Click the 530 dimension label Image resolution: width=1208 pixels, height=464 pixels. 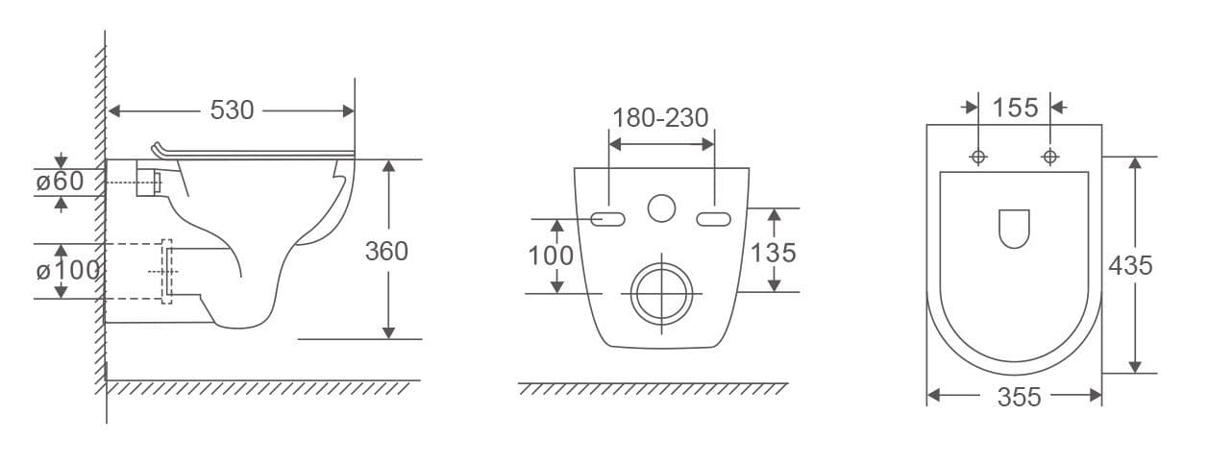tap(232, 110)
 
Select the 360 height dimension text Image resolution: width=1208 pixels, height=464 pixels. tap(386, 251)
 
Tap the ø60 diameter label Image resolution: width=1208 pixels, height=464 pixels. tap(60, 181)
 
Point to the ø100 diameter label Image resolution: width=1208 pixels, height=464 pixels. tap(68, 270)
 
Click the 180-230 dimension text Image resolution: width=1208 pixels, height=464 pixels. tap(660, 118)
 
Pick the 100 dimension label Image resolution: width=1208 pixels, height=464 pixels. tap(551, 256)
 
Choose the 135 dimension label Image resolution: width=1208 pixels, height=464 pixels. tap(774, 254)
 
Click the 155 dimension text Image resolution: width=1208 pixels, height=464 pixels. tap(1015, 108)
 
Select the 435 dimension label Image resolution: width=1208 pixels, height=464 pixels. tap(1130, 266)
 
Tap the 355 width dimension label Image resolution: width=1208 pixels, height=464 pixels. tap(1020, 397)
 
